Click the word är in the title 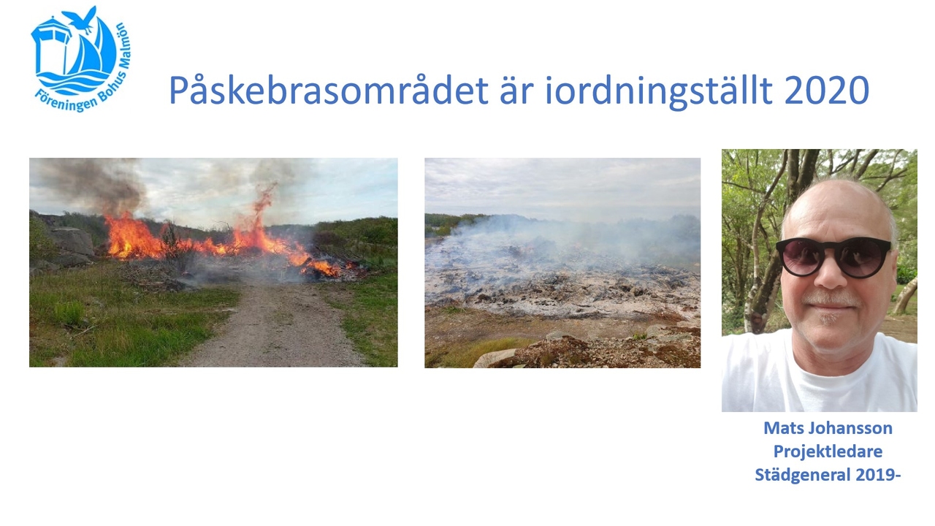[516, 90]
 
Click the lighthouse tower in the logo [52, 50]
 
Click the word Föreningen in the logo [64, 102]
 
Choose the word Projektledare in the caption [828, 451]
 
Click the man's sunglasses [833, 256]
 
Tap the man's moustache [831, 299]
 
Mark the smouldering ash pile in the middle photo [562, 280]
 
